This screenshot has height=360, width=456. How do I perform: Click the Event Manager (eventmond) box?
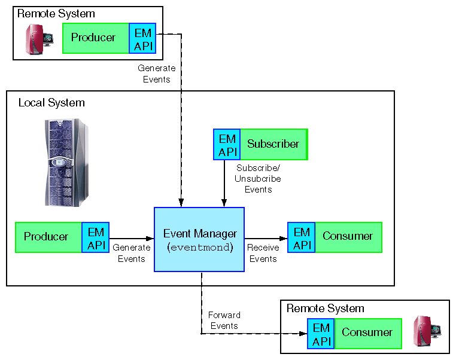tap(199, 239)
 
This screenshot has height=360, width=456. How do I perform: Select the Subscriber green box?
tap(273, 144)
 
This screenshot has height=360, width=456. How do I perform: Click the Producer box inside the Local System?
tap(48, 237)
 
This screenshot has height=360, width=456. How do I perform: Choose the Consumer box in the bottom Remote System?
tap(367, 333)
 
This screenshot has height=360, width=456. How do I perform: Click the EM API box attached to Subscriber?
tap(227, 144)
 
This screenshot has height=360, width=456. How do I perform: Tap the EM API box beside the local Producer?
tap(95, 237)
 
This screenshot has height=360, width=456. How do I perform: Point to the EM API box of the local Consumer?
tap(302, 237)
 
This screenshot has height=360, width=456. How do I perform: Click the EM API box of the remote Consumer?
tap(321, 333)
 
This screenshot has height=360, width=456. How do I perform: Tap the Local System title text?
tap(51, 103)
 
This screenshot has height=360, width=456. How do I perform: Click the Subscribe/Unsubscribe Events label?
tap(258, 179)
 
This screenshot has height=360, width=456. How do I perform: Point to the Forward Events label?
tap(224, 321)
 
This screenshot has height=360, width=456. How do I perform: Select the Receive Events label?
tap(263, 253)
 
